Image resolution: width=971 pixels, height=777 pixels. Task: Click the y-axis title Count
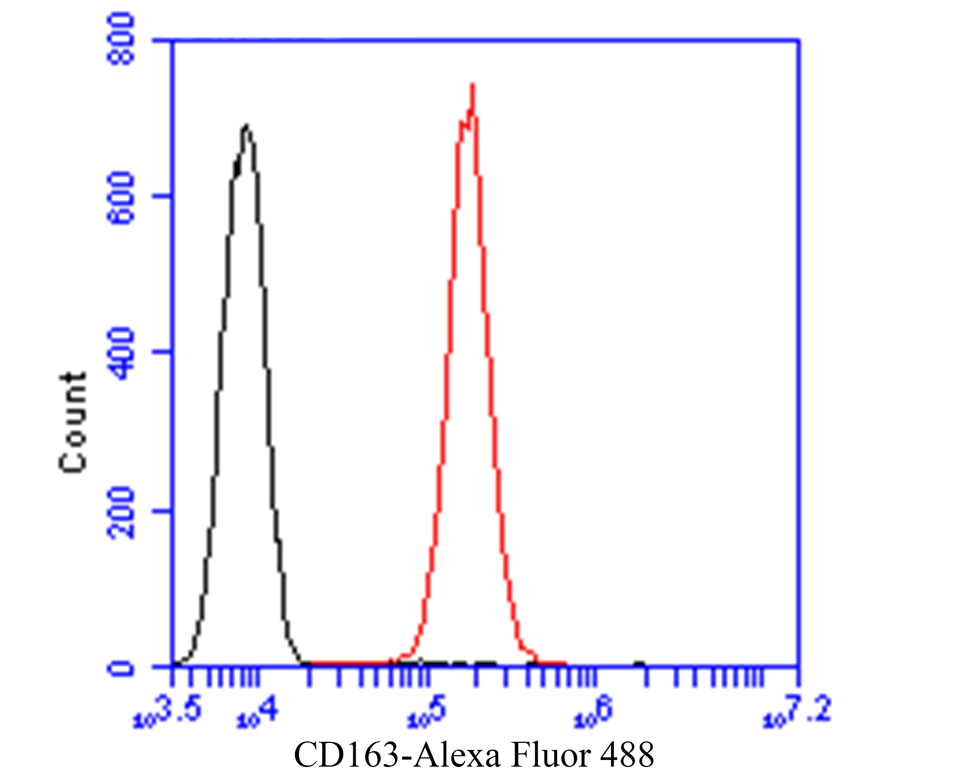tap(73, 422)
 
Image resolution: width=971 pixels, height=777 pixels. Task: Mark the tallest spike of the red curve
tap(473, 86)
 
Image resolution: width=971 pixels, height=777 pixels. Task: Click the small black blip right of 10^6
tap(639, 664)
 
